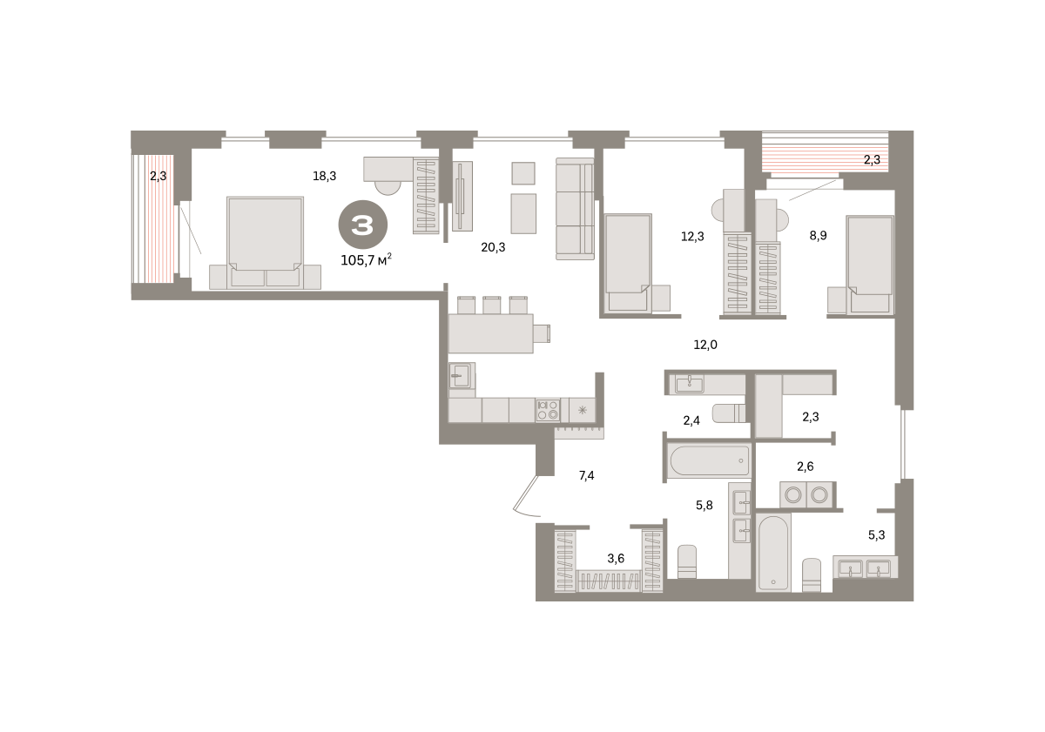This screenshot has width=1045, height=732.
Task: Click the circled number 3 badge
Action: [362, 225]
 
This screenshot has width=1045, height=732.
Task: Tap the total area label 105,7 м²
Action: [366, 259]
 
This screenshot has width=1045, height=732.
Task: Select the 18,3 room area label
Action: [324, 176]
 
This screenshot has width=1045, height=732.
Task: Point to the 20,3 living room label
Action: [493, 247]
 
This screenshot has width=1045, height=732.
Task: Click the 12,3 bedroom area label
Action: [692, 237]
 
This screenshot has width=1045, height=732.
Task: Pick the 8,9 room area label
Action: [818, 236]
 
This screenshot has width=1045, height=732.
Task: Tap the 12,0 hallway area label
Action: [705, 345]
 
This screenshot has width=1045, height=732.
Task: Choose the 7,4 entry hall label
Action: [586, 475]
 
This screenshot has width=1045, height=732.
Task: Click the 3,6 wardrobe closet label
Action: [616, 559]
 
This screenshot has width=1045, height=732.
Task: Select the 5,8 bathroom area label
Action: [705, 506]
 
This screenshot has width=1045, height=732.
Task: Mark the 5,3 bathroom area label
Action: [877, 535]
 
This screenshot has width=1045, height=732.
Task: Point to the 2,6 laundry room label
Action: [806, 467]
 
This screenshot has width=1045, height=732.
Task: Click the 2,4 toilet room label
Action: [691, 421]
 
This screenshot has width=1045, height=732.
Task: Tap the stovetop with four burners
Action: [548, 410]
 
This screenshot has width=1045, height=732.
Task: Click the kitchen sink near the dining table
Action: [462, 376]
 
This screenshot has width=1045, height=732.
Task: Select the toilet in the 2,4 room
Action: [729, 413]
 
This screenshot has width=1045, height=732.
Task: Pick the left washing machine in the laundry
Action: [793, 494]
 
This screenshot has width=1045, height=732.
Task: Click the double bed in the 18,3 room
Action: [265, 243]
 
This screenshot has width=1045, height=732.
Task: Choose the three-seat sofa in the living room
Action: [575, 209]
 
